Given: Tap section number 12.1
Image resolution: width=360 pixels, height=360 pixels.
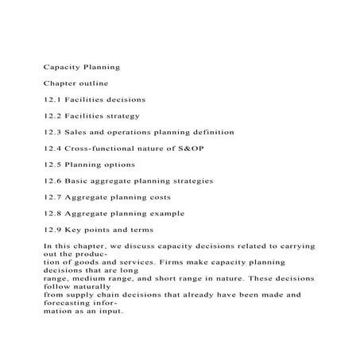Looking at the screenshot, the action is click(52, 99).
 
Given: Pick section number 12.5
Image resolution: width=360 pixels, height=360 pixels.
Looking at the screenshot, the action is click(52, 165).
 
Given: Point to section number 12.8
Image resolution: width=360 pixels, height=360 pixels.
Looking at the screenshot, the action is click(52, 213).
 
